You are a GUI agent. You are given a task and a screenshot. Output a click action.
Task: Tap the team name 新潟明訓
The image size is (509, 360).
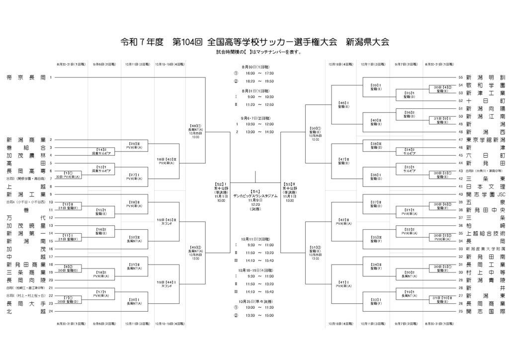tap(485, 78)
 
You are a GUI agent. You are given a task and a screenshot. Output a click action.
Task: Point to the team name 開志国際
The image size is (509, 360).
tap(485, 311)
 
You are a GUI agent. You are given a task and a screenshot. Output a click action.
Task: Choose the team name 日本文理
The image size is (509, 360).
tap(485, 186)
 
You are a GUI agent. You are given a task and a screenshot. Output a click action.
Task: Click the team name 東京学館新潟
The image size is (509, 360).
tap(485, 140)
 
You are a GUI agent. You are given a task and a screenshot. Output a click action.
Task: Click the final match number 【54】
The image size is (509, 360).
tap(255, 191)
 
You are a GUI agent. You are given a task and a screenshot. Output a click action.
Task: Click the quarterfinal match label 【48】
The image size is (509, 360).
tap(194, 126)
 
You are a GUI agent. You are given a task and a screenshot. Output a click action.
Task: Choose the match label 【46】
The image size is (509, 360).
tap(343, 103)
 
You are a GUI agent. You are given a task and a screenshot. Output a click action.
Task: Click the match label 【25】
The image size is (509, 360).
tap(409, 93)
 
